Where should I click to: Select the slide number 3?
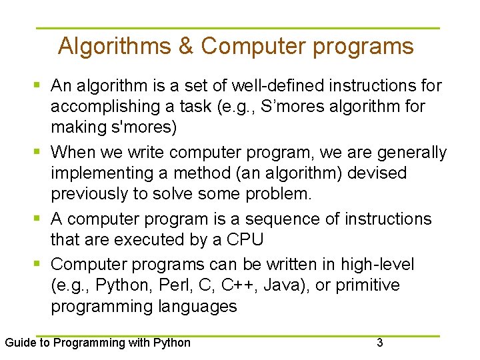pyautogui.click(x=380, y=343)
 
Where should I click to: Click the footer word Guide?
pyautogui.click(x=20, y=343)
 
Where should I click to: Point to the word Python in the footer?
pyautogui.click(x=171, y=343)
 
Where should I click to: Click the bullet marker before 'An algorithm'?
pyautogui.click(x=38, y=86)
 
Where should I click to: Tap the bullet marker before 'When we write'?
pyautogui.click(x=38, y=153)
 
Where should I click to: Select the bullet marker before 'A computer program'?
pyautogui.click(x=38, y=219)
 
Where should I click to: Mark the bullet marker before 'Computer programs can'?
pyautogui.click(x=38, y=265)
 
